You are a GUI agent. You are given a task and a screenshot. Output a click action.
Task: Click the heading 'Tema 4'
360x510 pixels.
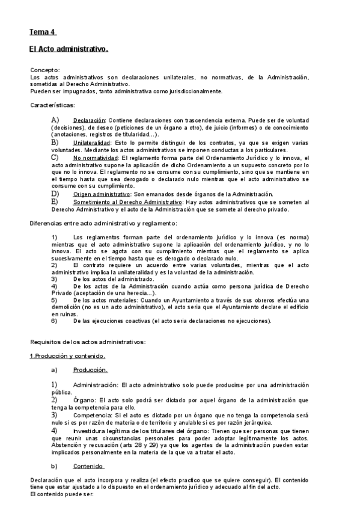pyautogui.click(x=43, y=32)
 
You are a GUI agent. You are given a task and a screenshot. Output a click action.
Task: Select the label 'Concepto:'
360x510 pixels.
pyautogui.click(x=45, y=70)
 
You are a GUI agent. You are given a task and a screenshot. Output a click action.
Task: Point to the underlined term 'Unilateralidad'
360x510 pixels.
pyautogui.click(x=93, y=143)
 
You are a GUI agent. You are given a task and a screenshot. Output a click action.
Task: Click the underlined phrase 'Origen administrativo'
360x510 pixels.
pyautogui.click(x=102, y=194)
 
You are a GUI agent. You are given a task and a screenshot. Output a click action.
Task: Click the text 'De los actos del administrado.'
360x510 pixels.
pyautogui.click(x=111, y=279)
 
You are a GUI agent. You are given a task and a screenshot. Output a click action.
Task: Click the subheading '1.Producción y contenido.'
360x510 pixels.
pyautogui.click(x=67, y=356)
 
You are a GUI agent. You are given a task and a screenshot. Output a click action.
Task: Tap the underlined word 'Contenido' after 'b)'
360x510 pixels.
pyautogui.click(x=89, y=466)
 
